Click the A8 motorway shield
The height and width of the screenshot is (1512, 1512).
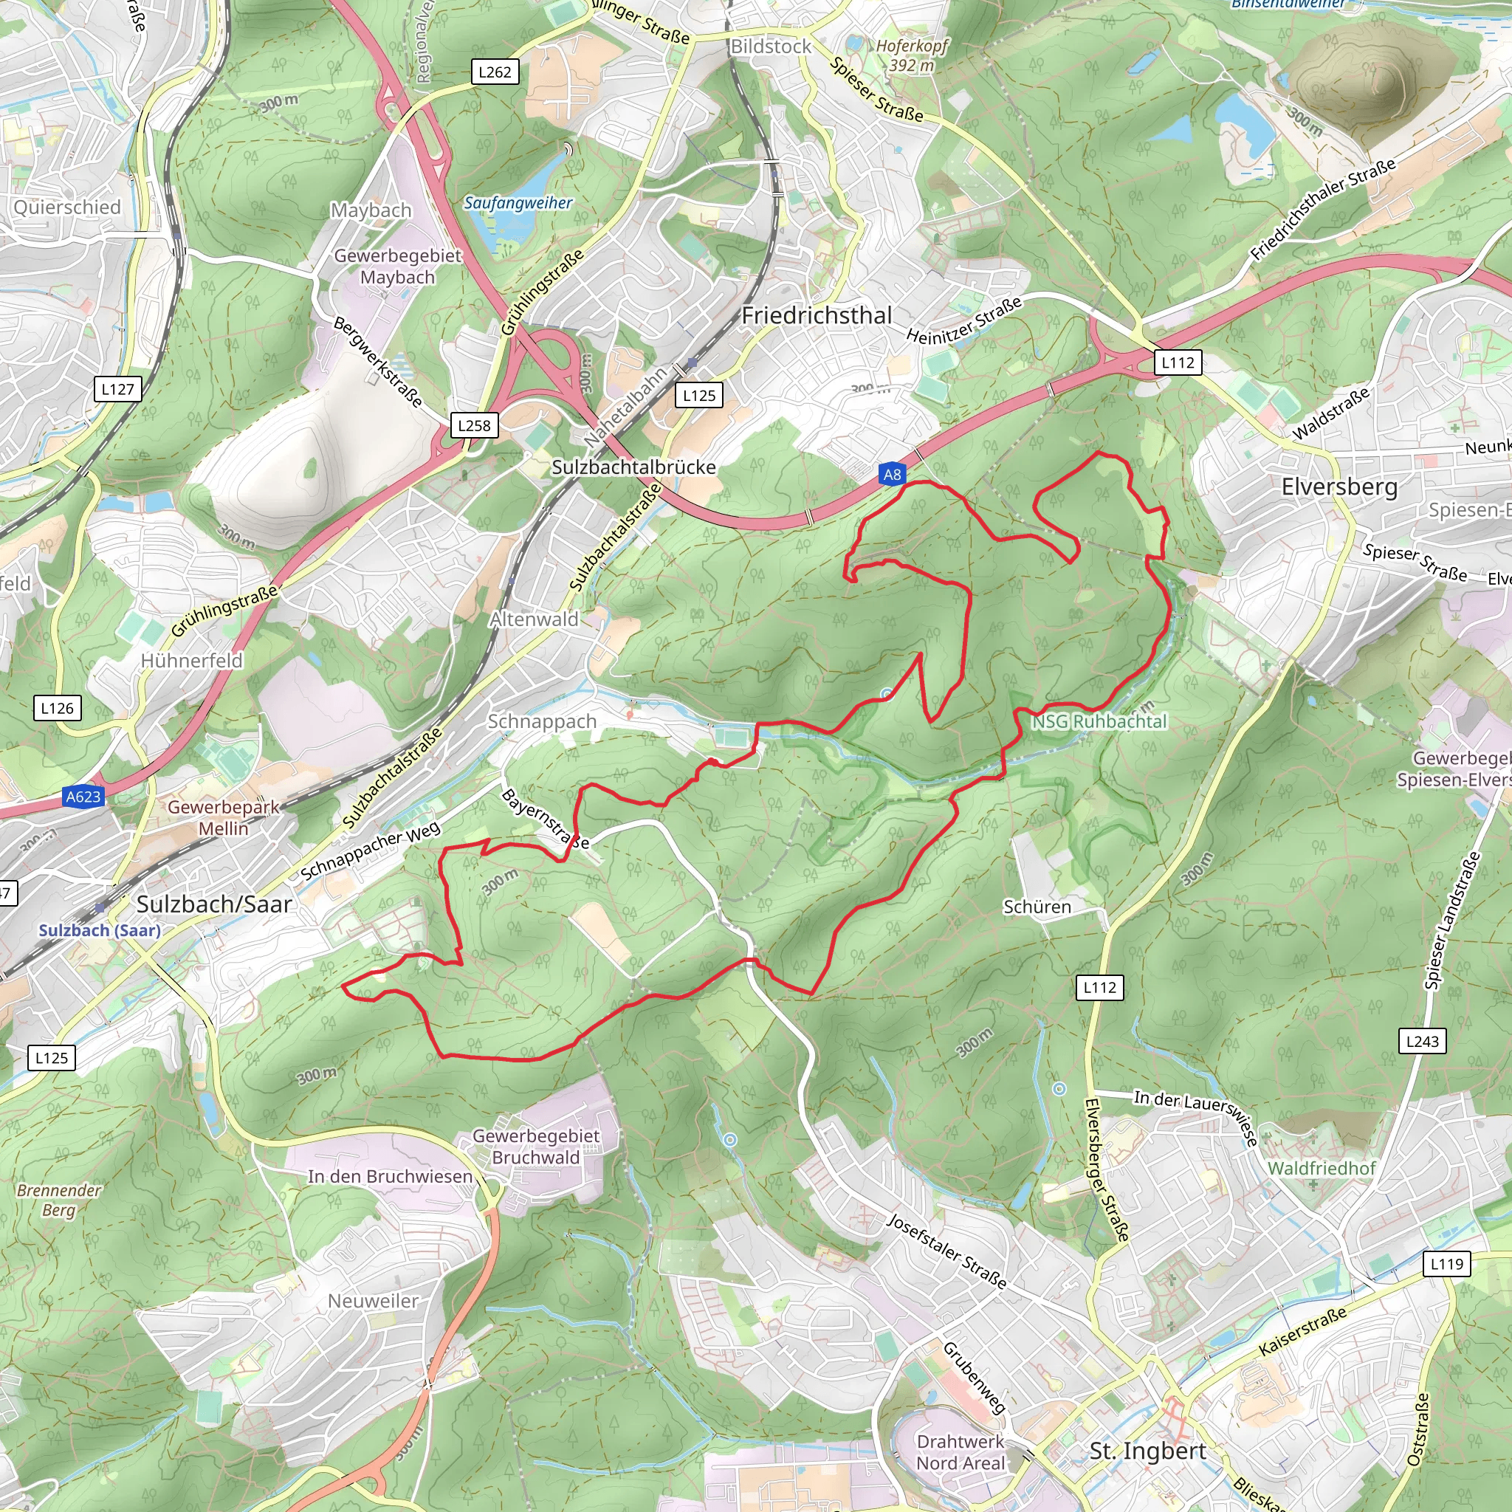pyautogui.click(x=892, y=474)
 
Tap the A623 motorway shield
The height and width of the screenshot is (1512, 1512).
pyautogui.click(x=83, y=797)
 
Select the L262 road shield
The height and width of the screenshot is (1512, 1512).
pyautogui.click(x=495, y=72)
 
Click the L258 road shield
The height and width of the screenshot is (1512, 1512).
pyautogui.click(x=474, y=426)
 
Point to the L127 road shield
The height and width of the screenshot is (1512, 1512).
pyautogui.click(x=118, y=389)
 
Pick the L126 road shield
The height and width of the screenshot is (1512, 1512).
pyautogui.click(x=57, y=708)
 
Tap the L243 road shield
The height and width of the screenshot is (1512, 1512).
pyautogui.click(x=1422, y=1041)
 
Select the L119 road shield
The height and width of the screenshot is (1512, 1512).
pyautogui.click(x=1446, y=1264)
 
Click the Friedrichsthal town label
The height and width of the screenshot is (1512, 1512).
pyautogui.click(x=817, y=315)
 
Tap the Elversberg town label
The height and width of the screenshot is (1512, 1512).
pyautogui.click(x=1339, y=487)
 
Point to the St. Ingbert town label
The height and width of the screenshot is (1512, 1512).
pyautogui.click(x=1147, y=1450)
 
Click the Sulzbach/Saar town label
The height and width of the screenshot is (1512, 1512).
pyautogui.click(x=213, y=904)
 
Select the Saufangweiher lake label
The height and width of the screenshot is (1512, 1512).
pyautogui.click(x=518, y=203)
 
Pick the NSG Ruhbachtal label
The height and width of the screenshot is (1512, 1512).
pyautogui.click(x=1099, y=721)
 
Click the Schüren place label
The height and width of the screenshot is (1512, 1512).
pyautogui.click(x=1037, y=907)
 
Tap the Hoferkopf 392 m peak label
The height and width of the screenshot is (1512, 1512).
pyautogui.click(x=911, y=55)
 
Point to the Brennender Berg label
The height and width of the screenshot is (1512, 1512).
pyautogui.click(x=59, y=1200)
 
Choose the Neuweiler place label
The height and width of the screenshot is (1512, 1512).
pyautogui.click(x=374, y=1301)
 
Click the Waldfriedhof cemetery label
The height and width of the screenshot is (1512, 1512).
pyautogui.click(x=1321, y=1169)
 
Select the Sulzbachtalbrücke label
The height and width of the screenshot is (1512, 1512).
pyautogui.click(x=633, y=467)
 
